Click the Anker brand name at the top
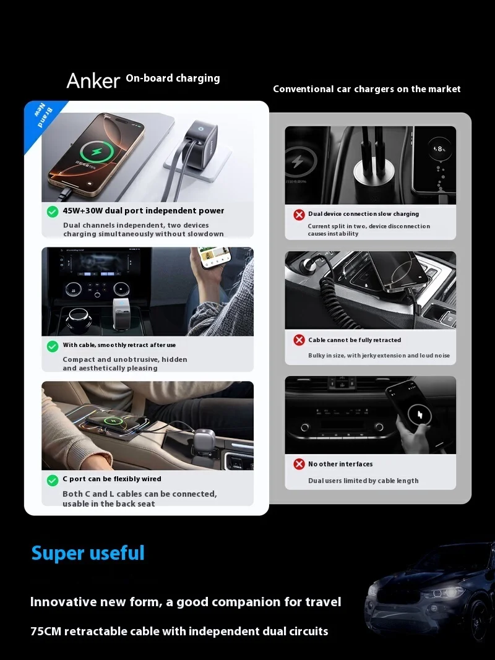(x=93, y=80)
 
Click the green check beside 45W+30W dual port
(x=53, y=212)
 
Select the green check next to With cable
(x=53, y=346)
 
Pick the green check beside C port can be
(x=53, y=480)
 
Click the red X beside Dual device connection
(x=299, y=215)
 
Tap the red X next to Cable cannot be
(x=299, y=340)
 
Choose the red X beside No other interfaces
(x=299, y=464)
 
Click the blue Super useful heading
(x=88, y=553)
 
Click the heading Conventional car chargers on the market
(x=367, y=89)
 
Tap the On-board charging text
(x=173, y=79)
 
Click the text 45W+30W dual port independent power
(x=144, y=211)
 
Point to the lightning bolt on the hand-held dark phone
(x=421, y=415)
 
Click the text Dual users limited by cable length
(x=363, y=481)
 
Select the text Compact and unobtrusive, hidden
(x=124, y=359)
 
